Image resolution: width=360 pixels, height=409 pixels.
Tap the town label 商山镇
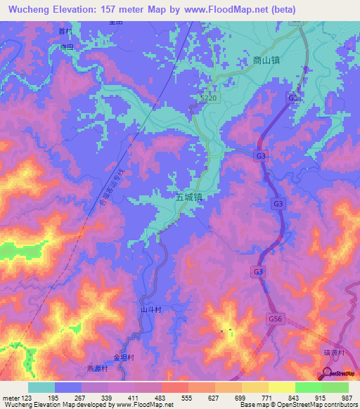(266, 61)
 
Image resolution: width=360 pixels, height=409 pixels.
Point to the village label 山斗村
(152, 309)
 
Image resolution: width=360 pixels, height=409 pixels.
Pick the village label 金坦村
(123, 356)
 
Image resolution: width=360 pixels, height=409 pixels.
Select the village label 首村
(65, 32)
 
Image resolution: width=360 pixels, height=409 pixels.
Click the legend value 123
(27, 398)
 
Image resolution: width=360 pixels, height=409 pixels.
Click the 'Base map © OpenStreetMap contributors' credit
(297, 405)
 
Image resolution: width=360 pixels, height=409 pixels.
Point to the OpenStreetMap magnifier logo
(328, 374)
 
